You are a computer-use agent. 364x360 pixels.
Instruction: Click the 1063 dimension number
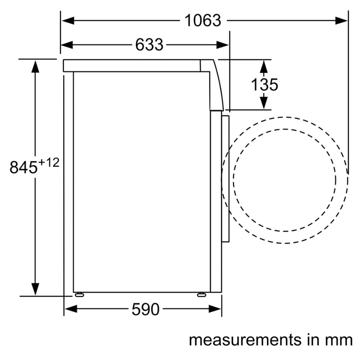(203, 21)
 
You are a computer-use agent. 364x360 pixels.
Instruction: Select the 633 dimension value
(149, 44)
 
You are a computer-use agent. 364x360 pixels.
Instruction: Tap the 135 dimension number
(265, 85)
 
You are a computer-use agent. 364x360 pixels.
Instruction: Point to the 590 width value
(146, 309)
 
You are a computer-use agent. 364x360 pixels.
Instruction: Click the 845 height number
(24, 167)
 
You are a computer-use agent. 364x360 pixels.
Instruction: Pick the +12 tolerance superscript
(49, 163)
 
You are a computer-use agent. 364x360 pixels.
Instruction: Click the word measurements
(245, 340)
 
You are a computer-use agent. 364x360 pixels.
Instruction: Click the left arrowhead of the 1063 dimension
(68, 21)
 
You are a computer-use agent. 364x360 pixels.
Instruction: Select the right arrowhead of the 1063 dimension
(341, 21)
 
